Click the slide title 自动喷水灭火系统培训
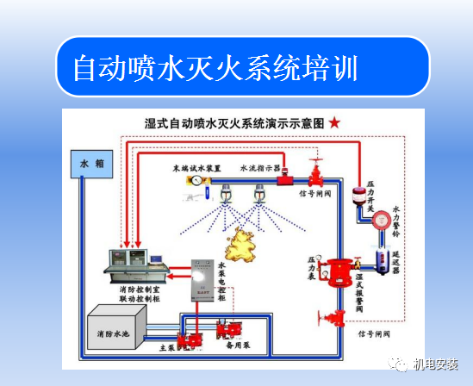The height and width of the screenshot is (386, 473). pyautogui.click(x=215, y=66)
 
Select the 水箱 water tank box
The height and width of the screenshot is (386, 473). pyautogui.click(x=91, y=162)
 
